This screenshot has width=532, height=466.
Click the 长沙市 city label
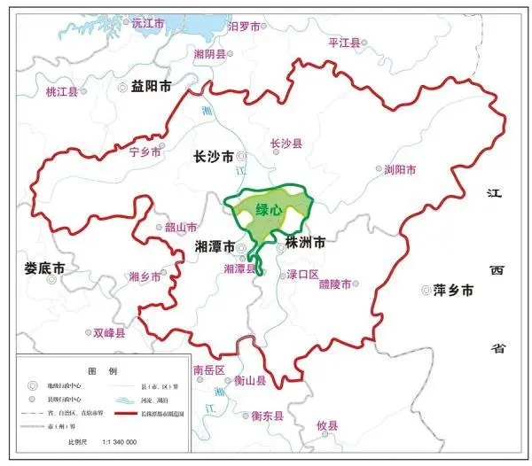[x=214, y=157]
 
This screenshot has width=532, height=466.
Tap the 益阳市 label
[x=150, y=86]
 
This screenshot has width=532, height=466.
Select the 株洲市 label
[x=304, y=242]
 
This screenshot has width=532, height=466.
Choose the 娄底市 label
[x=45, y=267]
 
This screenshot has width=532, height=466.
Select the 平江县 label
[x=345, y=42]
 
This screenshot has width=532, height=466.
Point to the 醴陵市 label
[x=335, y=284]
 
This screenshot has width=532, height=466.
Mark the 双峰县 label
[x=109, y=334]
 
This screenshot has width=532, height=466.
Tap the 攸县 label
[x=327, y=426]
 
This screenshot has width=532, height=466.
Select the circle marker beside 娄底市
[x=52, y=279]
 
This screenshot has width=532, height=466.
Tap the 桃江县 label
[x=61, y=91]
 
